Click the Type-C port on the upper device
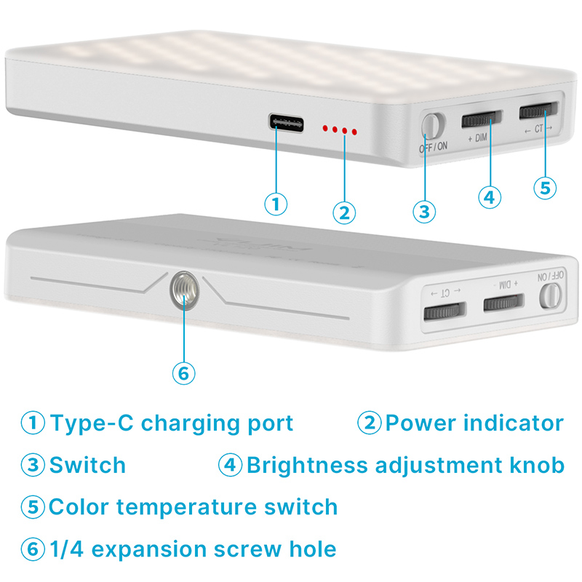pyautogui.click(x=286, y=123)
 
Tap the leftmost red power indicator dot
pyautogui.click(x=325, y=129)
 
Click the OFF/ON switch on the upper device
pyautogui.click(x=433, y=124)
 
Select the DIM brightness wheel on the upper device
pyautogui.click(x=482, y=119)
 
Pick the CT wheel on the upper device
pyautogui.click(x=538, y=110)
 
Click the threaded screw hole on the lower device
pyautogui.click(x=185, y=289)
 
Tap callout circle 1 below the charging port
pyautogui.click(x=276, y=204)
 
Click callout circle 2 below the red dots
pyautogui.click(x=344, y=212)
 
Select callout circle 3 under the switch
pyautogui.click(x=424, y=212)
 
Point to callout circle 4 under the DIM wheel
pyautogui.click(x=490, y=197)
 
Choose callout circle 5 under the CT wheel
pyautogui.click(x=545, y=188)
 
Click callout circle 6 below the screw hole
pyautogui.click(x=184, y=373)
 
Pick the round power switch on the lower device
pyautogui.click(x=550, y=296)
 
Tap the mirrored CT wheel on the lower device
pyautogui.click(x=445, y=311)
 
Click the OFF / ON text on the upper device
pyautogui.click(x=433, y=148)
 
